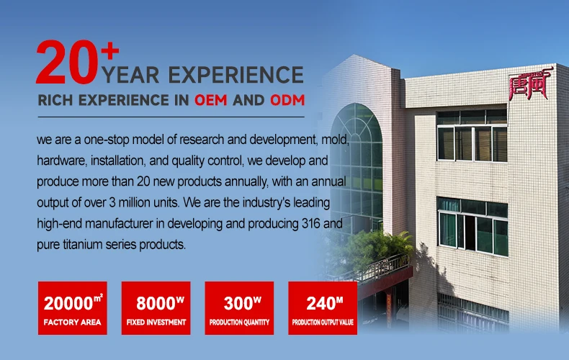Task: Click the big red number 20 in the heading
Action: coord(67,62)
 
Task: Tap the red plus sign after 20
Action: coord(110,51)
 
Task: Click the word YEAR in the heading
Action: coord(131,75)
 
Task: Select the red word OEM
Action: coord(211,100)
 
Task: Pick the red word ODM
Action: coord(287,100)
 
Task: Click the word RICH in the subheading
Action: coord(55,100)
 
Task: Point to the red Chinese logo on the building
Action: coord(531,84)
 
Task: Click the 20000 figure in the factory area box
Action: coord(68,303)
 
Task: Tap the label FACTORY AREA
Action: coord(72,323)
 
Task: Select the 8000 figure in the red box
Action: coord(156,303)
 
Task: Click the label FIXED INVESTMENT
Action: coord(156,323)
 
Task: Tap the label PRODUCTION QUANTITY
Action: coord(240,323)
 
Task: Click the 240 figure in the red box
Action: coord(320,303)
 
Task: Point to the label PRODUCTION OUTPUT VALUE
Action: coord(323,323)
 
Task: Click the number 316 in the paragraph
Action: coord(310,223)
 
